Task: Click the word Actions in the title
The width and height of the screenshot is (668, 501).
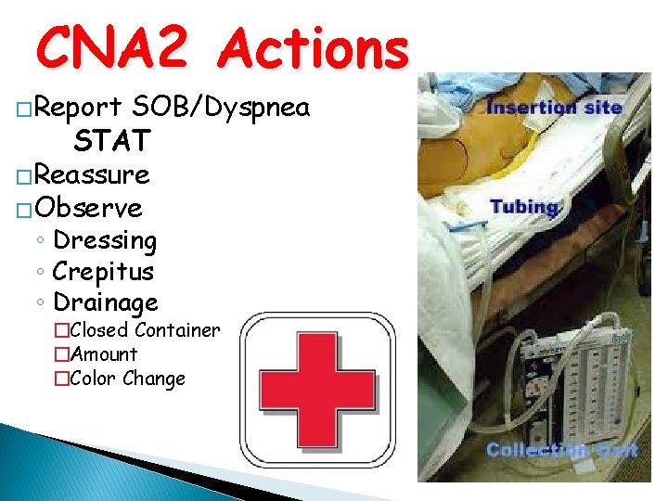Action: (x=314, y=48)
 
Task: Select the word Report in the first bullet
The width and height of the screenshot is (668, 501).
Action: (x=78, y=109)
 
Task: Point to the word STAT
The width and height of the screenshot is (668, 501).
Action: (x=111, y=141)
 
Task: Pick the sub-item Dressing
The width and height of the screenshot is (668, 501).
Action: (x=105, y=240)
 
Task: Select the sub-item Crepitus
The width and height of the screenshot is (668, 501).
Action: (x=103, y=272)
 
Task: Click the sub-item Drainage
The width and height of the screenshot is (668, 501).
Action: (x=106, y=302)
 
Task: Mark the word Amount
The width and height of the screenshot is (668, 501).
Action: (x=103, y=354)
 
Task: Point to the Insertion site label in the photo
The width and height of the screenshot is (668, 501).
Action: (x=554, y=107)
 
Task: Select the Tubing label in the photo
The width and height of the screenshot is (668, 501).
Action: (x=524, y=206)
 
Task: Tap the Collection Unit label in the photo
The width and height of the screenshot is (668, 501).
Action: (x=561, y=450)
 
